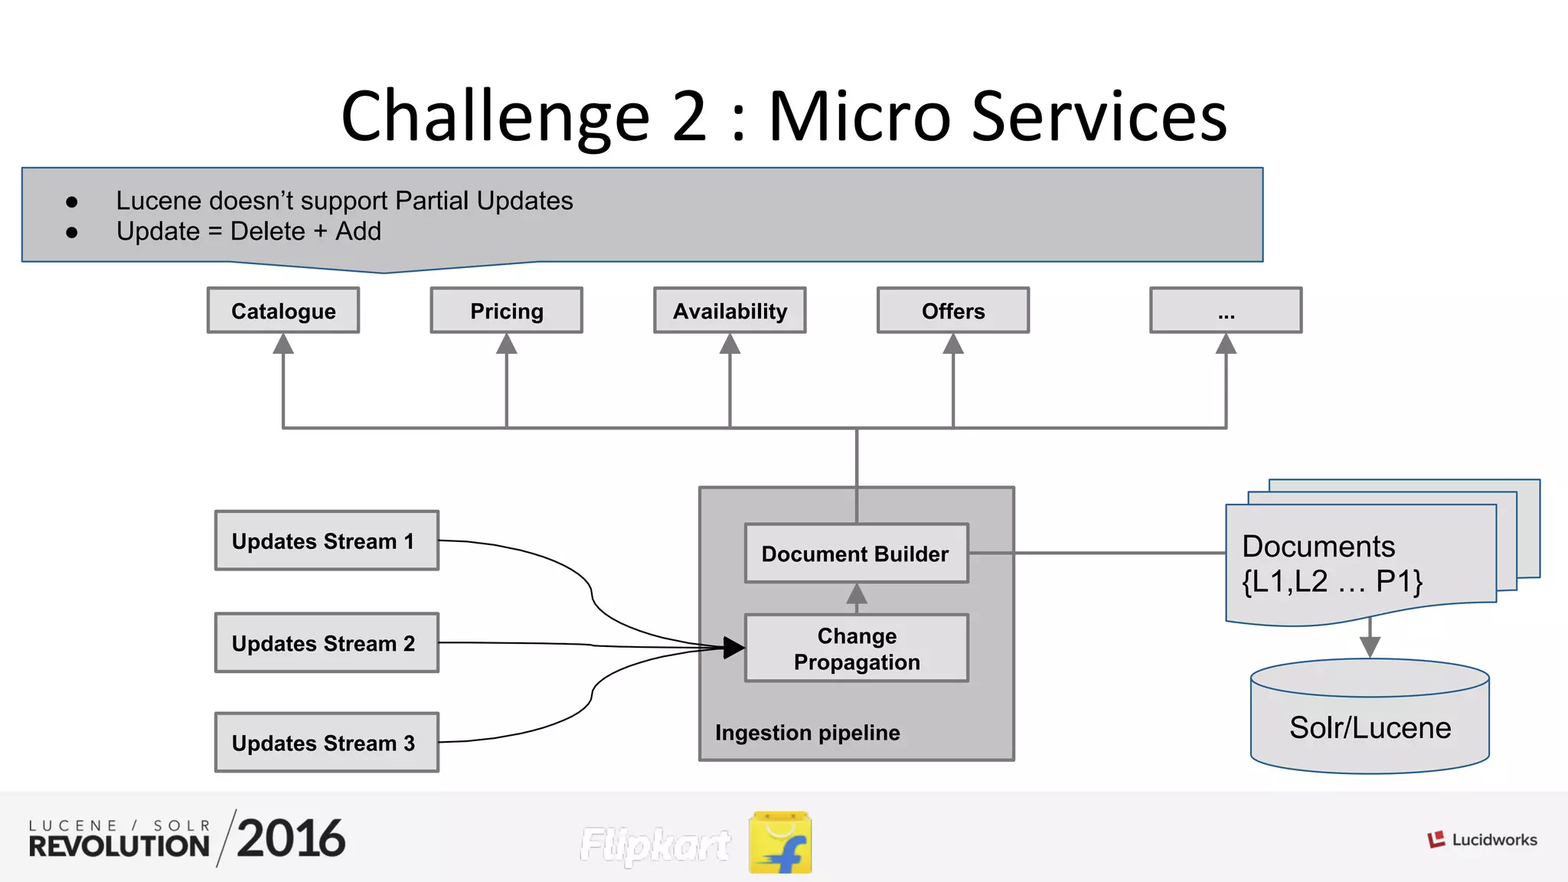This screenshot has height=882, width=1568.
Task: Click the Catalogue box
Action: (x=283, y=310)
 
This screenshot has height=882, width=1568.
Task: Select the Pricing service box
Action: (x=506, y=310)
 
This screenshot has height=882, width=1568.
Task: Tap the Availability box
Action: (x=730, y=310)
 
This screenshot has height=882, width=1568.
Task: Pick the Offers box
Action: (x=952, y=310)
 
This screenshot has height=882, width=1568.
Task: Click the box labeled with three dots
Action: (x=1226, y=310)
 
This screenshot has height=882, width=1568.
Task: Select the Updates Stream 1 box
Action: (x=327, y=541)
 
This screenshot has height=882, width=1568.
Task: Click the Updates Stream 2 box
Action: (x=327, y=642)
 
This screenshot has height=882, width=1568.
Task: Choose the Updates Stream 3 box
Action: (x=327, y=742)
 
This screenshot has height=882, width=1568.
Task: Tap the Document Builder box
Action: (x=856, y=553)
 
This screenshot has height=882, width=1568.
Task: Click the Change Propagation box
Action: (x=856, y=648)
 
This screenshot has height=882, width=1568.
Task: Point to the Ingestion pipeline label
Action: (x=807, y=733)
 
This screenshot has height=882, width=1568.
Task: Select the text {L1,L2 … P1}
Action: (x=1331, y=582)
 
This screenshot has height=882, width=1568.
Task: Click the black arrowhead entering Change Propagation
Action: (x=733, y=648)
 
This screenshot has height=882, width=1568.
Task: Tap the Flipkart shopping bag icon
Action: (x=780, y=842)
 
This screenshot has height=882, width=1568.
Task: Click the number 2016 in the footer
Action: (x=291, y=838)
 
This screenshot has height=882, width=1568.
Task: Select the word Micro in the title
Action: (x=859, y=116)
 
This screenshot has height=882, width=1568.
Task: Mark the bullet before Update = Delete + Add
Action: (x=72, y=232)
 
